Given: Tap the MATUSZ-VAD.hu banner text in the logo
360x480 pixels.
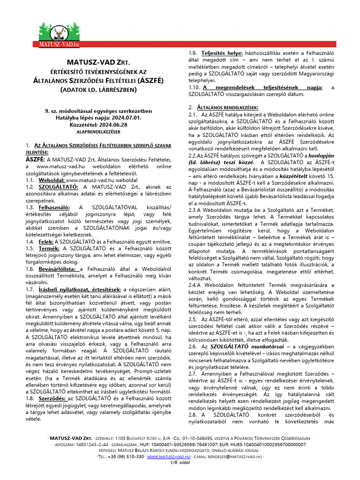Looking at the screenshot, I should (59, 44).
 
